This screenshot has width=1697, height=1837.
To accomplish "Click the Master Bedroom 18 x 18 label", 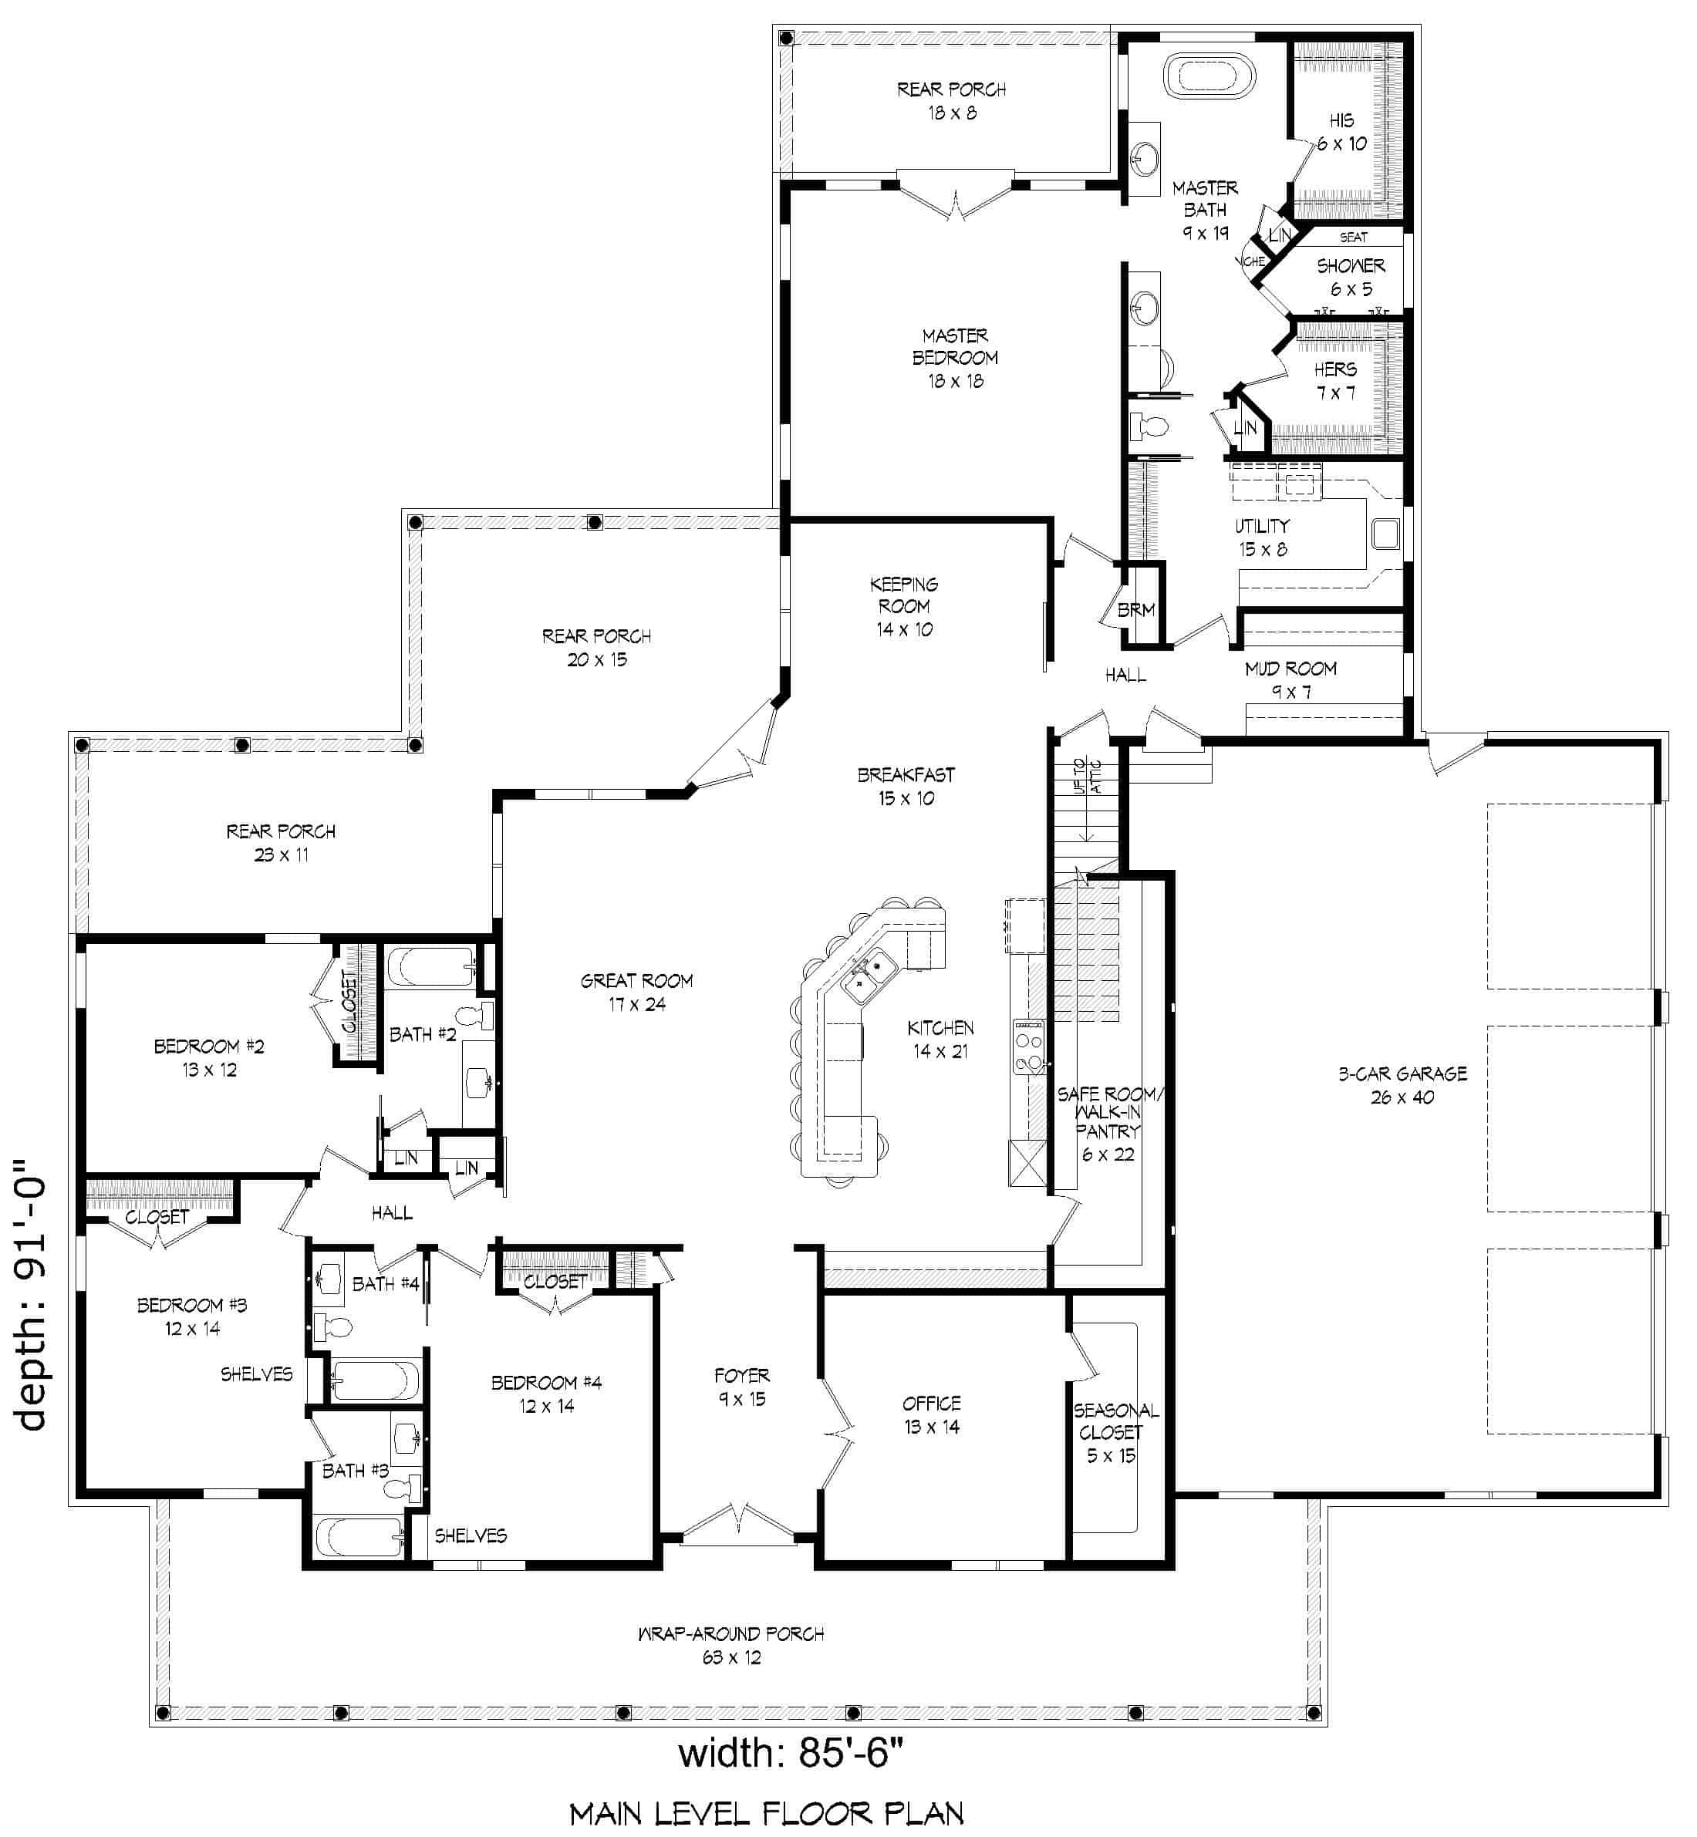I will [x=955, y=358].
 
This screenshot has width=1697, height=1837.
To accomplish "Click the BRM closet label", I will [x=1136, y=609].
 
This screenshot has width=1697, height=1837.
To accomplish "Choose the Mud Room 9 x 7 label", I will [x=1291, y=680].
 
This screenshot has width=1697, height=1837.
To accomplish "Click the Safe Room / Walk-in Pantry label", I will [x=1109, y=1124].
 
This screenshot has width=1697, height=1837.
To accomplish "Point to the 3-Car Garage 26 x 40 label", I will [x=1402, y=1085].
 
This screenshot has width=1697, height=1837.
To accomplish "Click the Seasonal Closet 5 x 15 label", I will [x=1115, y=1432].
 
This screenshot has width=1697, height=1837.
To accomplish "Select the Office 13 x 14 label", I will [x=931, y=1414].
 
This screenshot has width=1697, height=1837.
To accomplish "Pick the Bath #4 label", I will [x=386, y=1283].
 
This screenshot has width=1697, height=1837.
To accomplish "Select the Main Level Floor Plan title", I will [x=766, y=1814].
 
